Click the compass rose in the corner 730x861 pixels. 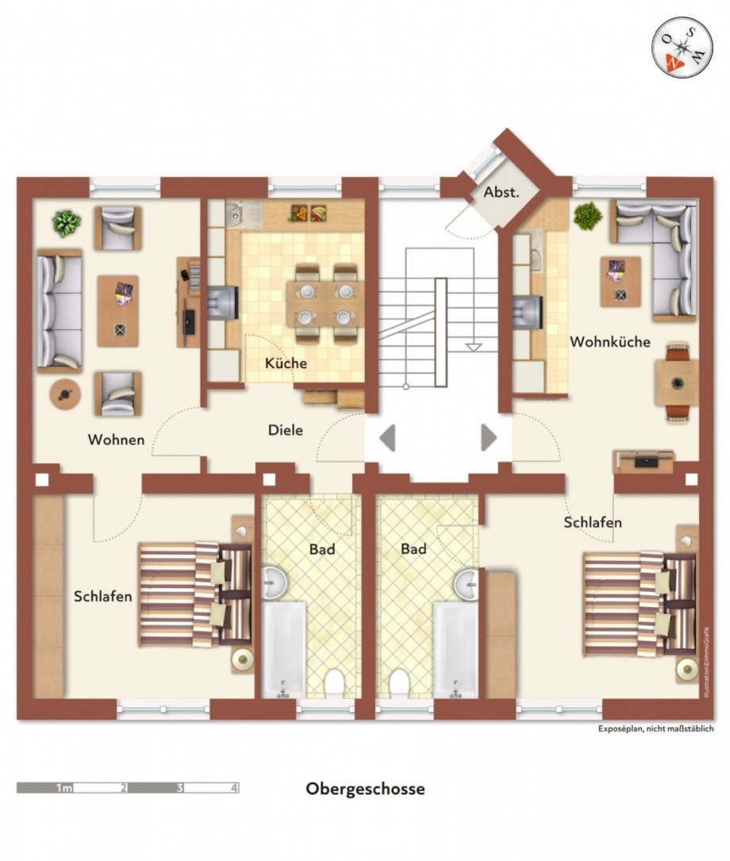[682, 45]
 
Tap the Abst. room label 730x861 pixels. [501, 192]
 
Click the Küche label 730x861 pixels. [286, 363]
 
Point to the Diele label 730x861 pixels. [286, 430]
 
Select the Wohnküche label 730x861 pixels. [610, 341]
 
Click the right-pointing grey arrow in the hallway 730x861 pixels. [489, 437]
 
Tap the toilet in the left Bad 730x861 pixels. [333, 684]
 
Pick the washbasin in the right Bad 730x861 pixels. [467, 584]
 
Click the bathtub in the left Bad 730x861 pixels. [283, 650]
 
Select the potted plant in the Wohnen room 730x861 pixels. [67, 224]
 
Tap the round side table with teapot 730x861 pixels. [66, 393]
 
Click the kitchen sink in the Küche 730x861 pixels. [243, 213]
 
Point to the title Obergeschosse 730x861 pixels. [365, 789]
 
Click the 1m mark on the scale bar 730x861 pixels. [64, 788]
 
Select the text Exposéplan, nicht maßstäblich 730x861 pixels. [655, 728]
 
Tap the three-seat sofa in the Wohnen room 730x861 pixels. [60, 310]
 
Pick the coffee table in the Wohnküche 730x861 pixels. [620, 282]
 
